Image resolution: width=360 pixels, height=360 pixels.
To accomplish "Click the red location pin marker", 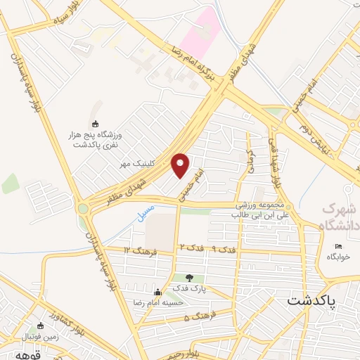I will tap(181, 165).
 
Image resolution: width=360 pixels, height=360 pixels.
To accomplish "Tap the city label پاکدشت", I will tap(311, 300).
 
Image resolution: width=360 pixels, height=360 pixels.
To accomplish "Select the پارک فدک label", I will tap(188, 288).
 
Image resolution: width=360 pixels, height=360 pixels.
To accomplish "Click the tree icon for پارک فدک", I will tap(188, 278).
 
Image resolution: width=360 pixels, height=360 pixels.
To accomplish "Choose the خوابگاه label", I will tap(337, 257).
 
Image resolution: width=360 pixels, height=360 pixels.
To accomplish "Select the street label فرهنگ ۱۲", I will tap(136, 250).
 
